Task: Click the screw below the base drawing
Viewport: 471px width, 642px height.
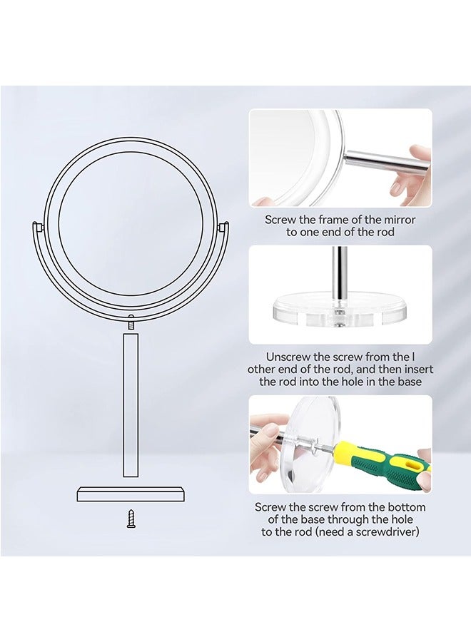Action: tap(131, 519)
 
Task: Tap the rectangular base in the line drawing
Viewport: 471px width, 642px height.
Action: tap(131, 494)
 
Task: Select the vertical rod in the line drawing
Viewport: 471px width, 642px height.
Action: tap(131, 404)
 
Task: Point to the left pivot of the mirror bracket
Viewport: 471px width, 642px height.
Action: tap(37, 227)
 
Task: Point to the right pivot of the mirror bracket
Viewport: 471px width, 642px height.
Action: tap(224, 227)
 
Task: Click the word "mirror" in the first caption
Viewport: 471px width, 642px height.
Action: tap(397, 220)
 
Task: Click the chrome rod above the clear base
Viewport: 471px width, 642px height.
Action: tap(341, 271)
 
